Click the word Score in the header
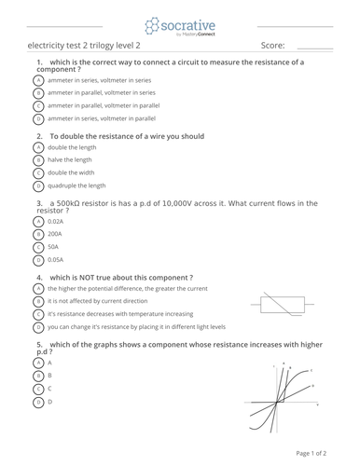tap(272, 45)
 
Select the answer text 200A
tap(55, 234)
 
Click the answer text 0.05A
tap(56, 260)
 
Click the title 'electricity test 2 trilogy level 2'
tap(84, 45)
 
